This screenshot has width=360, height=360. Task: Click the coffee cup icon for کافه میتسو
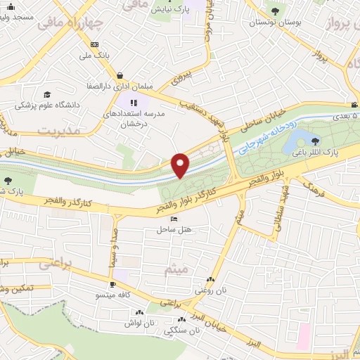click(x=112, y=285)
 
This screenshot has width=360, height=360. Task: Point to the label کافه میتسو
click(x=112, y=295)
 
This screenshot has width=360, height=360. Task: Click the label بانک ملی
click(x=96, y=54)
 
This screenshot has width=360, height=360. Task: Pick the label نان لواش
click(x=139, y=323)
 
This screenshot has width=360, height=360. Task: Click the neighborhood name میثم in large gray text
click(x=174, y=269)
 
